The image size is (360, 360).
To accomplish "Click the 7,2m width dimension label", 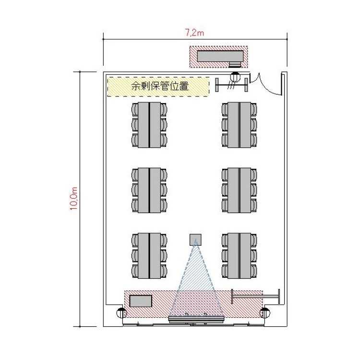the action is [x=194, y=33].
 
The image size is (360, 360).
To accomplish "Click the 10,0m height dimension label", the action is [x=74, y=199].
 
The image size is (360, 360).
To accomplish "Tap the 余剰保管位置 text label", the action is [x=160, y=86].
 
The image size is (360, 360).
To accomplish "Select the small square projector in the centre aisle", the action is [x=195, y=240].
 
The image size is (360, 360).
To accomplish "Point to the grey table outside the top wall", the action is [x=220, y=57].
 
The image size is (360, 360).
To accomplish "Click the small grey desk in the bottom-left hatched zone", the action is [x=141, y=301].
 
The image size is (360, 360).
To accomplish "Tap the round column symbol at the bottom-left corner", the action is [x=121, y=313].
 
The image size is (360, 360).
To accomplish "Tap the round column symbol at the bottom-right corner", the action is [x=264, y=313].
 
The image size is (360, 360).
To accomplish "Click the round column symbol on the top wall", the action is [x=235, y=77].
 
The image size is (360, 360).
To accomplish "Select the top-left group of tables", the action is [x=149, y=125].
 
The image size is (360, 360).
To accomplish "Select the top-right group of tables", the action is [x=239, y=125].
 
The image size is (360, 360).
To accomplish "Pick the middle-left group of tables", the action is [x=149, y=191].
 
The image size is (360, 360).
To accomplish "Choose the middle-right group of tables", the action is [x=239, y=191].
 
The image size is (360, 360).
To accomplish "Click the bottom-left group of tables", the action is [x=149, y=256].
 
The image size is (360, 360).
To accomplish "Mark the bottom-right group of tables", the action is [x=239, y=256].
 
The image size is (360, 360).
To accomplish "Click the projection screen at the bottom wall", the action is [x=196, y=319].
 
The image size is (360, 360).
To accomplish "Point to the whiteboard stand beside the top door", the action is [x=231, y=85].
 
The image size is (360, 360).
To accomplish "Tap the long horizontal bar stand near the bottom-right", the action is [x=255, y=296].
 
